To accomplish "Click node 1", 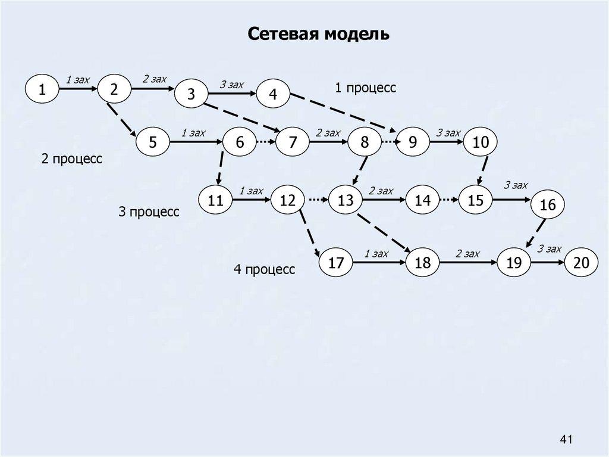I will [x=42, y=90].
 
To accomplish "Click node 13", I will [x=346, y=201].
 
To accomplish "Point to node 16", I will [x=548, y=205].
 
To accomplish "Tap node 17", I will [x=336, y=263].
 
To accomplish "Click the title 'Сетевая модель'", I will [x=319, y=35].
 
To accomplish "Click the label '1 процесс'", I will [x=365, y=88].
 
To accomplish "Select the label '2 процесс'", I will [x=72, y=160].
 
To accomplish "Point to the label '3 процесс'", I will [x=149, y=212].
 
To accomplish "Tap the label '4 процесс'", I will [x=264, y=270].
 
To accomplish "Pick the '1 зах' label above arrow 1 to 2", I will [x=77, y=79].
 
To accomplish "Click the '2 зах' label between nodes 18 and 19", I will [x=467, y=254].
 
